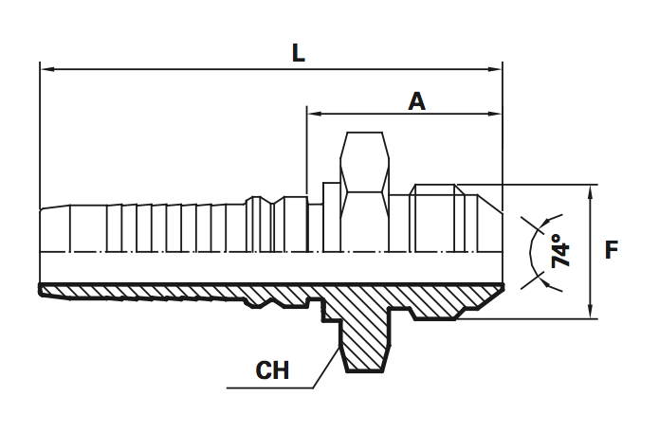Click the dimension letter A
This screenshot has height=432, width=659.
[x=415, y=100]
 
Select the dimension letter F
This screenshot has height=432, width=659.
[x=612, y=251]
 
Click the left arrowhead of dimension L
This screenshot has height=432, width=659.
[x=46, y=69]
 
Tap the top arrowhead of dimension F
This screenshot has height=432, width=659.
[x=591, y=189]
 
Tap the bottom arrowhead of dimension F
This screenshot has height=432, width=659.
[x=591, y=314]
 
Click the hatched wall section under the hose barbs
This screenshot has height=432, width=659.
[x=142, y=292]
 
